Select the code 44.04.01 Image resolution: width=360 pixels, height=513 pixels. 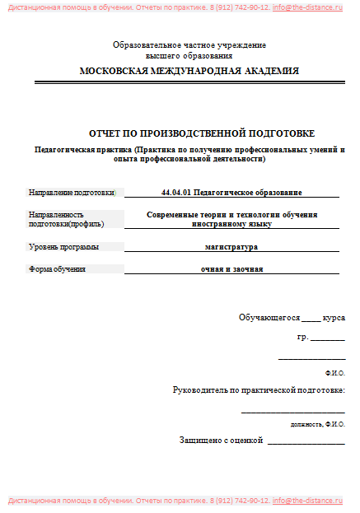click(x=176, y=192)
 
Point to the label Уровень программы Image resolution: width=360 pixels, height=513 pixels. click(x=63, y=246)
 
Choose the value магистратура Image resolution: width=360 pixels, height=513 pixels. click(x=231, y=246)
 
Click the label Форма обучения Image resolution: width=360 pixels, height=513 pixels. click(x=58, y=268)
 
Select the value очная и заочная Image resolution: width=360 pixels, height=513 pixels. click(x=231, y=268)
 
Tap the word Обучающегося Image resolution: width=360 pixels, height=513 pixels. click(x=269, y=317)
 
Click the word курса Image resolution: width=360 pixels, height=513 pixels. click(x=334, y=317)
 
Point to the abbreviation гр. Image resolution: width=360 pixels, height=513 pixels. click(x=302, y=338)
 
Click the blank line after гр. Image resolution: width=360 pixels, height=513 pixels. click(x=328, y=339)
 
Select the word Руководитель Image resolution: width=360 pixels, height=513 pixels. click(x=199, y=389)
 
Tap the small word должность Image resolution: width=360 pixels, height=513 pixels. click(x=306, y=424)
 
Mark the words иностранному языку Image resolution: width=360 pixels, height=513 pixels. click(x=231, y=223)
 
